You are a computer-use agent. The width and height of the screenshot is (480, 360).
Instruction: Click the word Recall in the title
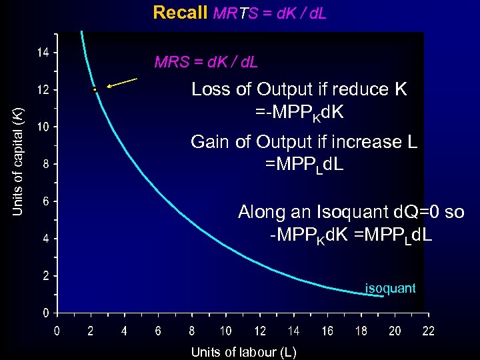[x=180, y=13]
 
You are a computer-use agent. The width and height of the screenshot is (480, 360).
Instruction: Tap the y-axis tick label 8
[x=44, y=164]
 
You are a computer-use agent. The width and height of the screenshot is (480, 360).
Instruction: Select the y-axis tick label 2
[x=44, y=275]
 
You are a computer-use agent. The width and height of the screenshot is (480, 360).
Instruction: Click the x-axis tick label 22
[x=429, y=331]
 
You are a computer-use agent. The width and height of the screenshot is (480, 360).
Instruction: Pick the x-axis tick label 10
[x=226, y=331]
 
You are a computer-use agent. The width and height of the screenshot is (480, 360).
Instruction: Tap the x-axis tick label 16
[x=327, y=331]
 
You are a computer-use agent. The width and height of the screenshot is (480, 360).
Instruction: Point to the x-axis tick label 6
[x=158, y=331]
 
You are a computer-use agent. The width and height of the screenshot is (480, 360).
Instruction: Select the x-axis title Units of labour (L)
[x=243, y=351]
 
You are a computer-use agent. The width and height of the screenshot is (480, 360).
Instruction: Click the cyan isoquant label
[x=390, y=288]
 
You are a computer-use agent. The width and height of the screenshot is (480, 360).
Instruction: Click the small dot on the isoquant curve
[x=95, y=89]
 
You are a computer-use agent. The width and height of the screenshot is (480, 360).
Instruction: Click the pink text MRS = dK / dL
[x=206, y=63]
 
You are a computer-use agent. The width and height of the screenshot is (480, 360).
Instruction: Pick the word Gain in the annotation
[x=208, y=142]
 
